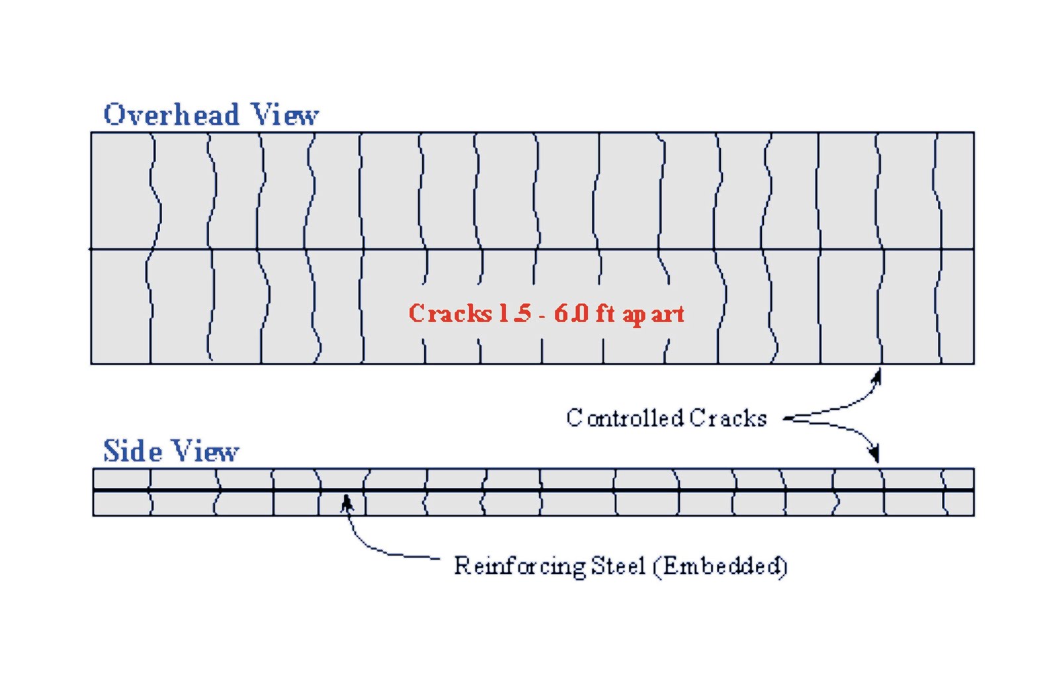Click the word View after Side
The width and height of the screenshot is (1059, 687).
pos(206,451)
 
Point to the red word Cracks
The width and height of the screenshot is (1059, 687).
pos(449,313)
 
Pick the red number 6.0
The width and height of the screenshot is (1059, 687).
pos(571,313)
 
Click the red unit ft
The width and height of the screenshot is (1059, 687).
pos(605,312)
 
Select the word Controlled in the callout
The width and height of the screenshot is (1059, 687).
pos(625,418)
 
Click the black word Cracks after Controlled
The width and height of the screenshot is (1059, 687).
pos(727,418)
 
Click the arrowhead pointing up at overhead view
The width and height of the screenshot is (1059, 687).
pos(877,377)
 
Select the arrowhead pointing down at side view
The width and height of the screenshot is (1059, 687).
pos(875,454)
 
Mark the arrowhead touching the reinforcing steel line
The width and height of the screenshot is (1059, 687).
pos(346,503)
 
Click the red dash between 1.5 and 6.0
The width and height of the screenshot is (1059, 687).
pos(541,315)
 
